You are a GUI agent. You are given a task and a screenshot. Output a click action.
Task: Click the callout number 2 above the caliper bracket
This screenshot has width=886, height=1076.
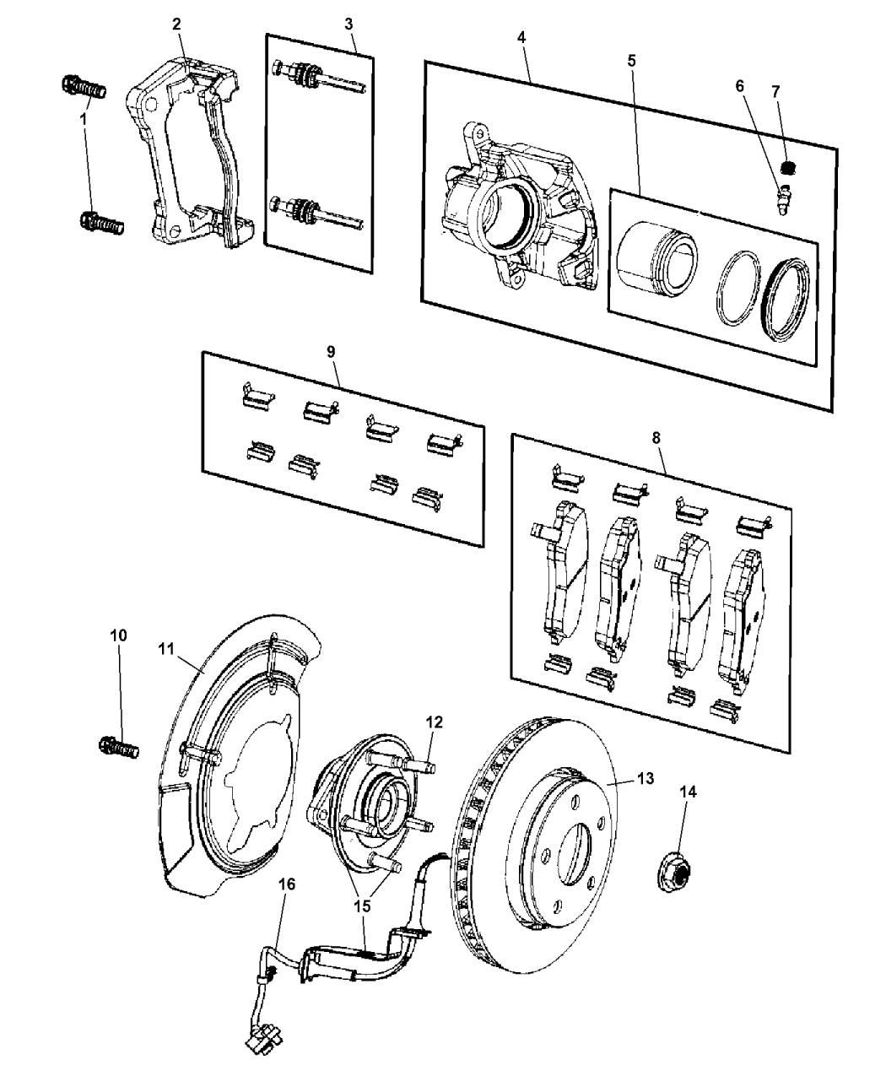pos(176,24)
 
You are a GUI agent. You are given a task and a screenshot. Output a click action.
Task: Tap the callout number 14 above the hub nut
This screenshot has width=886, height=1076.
pos(688,792)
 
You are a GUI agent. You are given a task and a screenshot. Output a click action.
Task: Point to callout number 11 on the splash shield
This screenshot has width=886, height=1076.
pos(165,649)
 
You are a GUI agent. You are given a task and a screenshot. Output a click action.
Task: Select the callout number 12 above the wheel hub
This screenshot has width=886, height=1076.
pos(434,722)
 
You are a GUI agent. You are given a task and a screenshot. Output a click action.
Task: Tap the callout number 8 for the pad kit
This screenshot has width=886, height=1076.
pos(657,439)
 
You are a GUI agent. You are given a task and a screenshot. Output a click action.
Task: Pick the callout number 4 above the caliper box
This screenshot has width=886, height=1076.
pos(521,37)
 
